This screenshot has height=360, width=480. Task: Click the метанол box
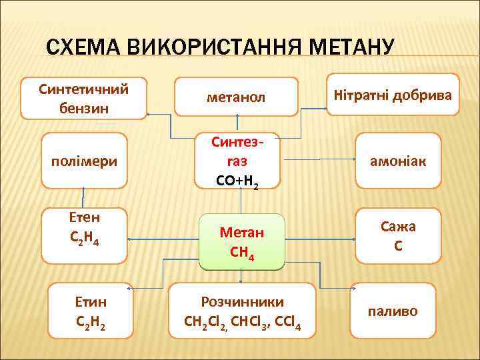pos(236,97)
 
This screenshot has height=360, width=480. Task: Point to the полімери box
pos(84,161)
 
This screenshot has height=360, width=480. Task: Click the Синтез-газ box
pos(237,162)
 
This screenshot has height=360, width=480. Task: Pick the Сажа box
pos(398,236)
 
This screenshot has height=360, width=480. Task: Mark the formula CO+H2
pos(237,180)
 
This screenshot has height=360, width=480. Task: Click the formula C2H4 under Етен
pos(84,237)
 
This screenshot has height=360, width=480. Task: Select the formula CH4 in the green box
pos(242,253)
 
